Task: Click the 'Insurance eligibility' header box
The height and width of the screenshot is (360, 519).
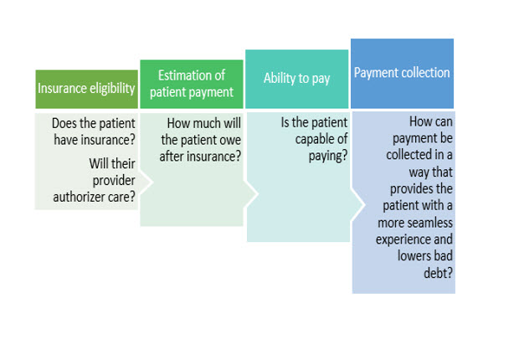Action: tap(87, 89)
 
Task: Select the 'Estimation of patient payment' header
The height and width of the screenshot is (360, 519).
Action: tap(192, 84)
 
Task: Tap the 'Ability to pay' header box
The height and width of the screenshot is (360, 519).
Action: tap(297, 80)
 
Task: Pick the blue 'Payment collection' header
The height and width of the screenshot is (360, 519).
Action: tap(402, 74)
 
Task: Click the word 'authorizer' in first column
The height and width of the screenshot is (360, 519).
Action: tap(79, 197)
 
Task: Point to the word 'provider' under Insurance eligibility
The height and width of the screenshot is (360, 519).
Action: tap(114, 181)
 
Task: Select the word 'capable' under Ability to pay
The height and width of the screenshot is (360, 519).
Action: tap(311, 140)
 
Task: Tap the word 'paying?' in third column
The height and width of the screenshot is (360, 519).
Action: tap(328, 156)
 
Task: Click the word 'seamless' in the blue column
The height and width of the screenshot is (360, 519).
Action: tap(432, 223)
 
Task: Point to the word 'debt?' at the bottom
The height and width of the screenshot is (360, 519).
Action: tap(438, 273)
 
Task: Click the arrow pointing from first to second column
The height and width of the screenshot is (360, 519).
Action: tap(146, 182)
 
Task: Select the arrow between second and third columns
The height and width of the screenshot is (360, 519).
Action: tap(251, 193)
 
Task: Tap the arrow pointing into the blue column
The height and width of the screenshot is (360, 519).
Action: tap(357, 204)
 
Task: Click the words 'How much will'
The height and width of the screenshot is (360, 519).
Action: tap(204, 124)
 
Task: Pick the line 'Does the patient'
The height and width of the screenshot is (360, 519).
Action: tap(94, 124)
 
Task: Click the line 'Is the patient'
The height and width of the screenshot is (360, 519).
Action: tap(314, 123)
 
